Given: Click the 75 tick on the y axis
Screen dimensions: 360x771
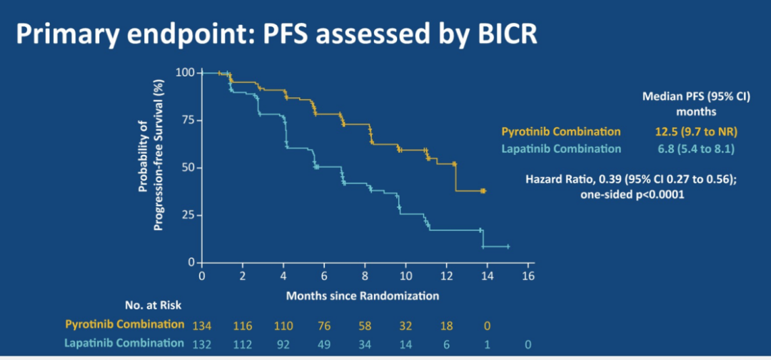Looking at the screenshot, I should [x=187, y=120].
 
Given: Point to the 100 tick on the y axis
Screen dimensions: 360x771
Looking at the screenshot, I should [x=185, y=72].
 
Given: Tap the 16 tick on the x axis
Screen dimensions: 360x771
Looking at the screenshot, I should [x=528, y=275].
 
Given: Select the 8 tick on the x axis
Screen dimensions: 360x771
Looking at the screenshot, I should [x=366, y=275].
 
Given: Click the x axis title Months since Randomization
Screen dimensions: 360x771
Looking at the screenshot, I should [x=362, y=294].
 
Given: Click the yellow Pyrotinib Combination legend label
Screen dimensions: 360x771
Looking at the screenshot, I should [x=561, y=131].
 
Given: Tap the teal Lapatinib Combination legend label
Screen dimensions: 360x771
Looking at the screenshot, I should [x=561, y=149].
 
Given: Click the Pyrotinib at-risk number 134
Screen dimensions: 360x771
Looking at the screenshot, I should [x=203, y=325].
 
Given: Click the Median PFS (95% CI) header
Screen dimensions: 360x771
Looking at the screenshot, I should [x=696, y=96].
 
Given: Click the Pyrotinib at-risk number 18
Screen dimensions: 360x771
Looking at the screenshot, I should [x=445, y=325].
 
